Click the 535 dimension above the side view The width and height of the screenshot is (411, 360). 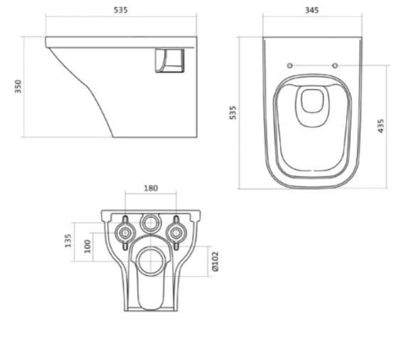click(x=121, y=10)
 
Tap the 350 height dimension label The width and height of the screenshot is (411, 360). click(x=18, y=86)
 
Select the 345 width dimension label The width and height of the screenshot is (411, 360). click(x=312, y=10)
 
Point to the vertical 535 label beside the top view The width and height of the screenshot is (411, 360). click(x=233, y=112)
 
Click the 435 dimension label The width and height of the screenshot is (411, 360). click(x=380, y=126)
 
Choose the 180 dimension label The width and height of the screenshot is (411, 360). click(x=151, y=189)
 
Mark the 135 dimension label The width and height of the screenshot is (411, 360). click(x=68, y=240)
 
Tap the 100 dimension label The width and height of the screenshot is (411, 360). click(x=87, y=246)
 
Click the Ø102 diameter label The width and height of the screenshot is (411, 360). click(x=215, y=261)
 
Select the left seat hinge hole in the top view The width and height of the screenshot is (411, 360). click(x=289, y=65)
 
